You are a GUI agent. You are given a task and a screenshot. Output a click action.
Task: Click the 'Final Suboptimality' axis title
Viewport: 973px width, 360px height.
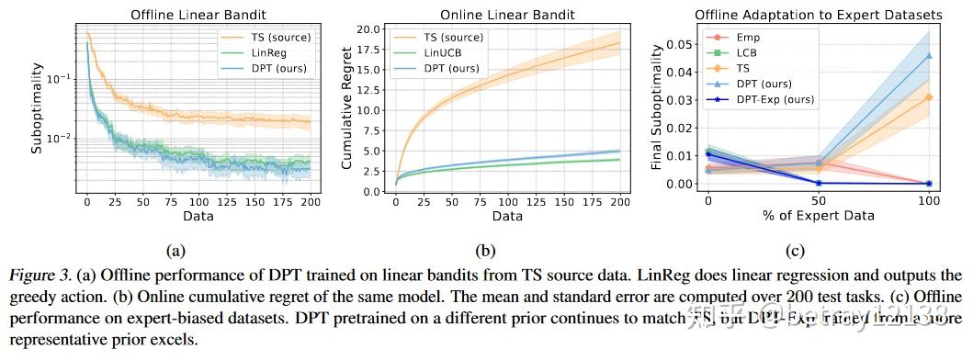(x=657, y=108)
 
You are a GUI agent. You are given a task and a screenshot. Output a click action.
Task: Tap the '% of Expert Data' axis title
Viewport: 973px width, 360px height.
(x=819, y=215)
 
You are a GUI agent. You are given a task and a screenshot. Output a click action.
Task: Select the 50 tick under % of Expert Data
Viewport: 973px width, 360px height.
(x=819, y=199)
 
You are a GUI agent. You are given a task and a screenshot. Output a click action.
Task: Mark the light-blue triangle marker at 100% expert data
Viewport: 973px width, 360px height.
(x=929, y=56)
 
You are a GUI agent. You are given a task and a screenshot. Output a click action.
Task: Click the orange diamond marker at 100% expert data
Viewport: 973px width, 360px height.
(x=929, y=97)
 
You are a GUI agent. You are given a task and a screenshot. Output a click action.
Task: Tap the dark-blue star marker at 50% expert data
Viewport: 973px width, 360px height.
(x=819, y=183)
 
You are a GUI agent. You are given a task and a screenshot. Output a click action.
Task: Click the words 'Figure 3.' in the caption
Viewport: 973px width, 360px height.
(x=35, y=275)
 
